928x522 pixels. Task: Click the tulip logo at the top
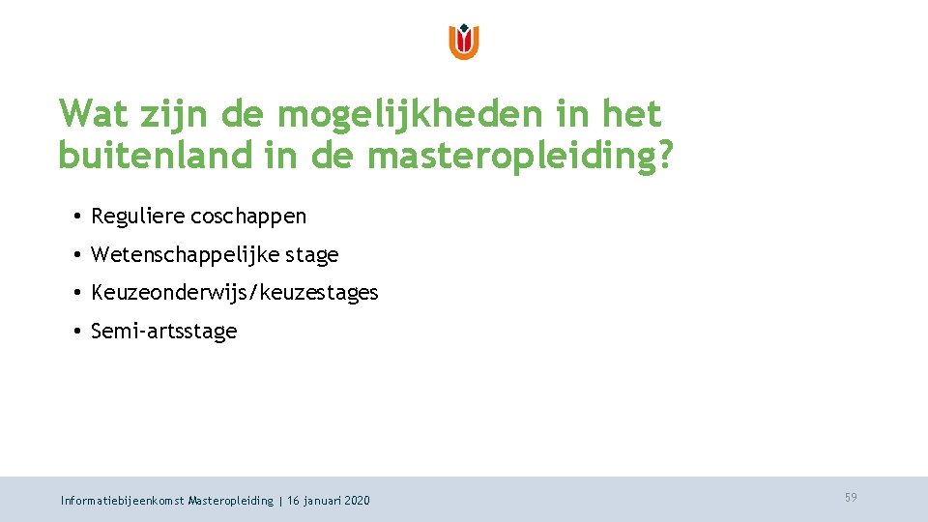click(x=464, y=42)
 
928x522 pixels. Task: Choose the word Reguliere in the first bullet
click(x=138, y=217)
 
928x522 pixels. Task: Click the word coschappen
click(x=248, y=217)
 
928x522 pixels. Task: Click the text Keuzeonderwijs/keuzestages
click(x=234, y=293)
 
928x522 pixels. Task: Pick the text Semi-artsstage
click(x=163, y=332)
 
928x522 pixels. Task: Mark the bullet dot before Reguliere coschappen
click(x=75, y=217)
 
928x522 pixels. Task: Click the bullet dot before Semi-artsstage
click(x=75, y=332)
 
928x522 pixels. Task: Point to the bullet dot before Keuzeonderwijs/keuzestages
click(x=75, y=293)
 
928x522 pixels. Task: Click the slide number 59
click(x=851, y=498)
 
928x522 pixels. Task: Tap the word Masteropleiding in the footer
click(x=231, y=501)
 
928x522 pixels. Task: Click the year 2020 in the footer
click(x=356, y=501)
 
